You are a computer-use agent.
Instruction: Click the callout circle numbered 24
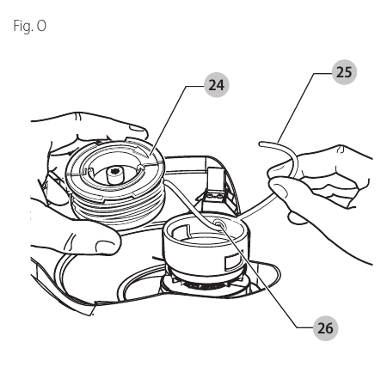pos(217,85)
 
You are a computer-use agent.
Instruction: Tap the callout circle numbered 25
pos(344,72)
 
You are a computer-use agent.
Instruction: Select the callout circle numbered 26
pos(326,328)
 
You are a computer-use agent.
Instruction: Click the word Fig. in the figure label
pos(23,27)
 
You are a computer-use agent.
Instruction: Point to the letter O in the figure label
pos(41,26)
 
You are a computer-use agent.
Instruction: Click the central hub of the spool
pos(114,175)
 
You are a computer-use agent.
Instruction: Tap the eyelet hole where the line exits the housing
pos(218,223)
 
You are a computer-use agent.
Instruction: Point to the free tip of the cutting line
pos(261,144)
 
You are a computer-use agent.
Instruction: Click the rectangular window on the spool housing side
pos(230,263)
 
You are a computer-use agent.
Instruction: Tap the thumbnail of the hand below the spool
pos(104,246)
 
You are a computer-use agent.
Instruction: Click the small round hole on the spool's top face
pos(140,167)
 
